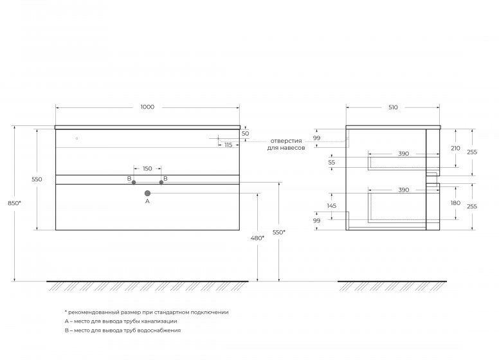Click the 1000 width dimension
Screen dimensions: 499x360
[x=147, y=107]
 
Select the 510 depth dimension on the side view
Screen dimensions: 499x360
[x=393, y=107]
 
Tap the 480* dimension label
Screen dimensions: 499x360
[x=257, y=238]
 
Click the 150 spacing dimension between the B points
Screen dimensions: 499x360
[x=147, y=168]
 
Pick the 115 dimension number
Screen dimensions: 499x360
[x=228, y=145]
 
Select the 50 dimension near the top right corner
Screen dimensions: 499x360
[x=245, y=134]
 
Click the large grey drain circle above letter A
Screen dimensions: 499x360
[x=147, y=193]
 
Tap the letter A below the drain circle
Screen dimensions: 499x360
[x=147, y=201]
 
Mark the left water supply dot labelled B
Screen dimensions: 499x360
[x=134, y=183]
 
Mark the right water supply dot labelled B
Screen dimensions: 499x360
[x=161, y=183]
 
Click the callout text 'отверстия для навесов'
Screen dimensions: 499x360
[x=286, y=144]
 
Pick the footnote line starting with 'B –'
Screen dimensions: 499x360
[x=122, y=330]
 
